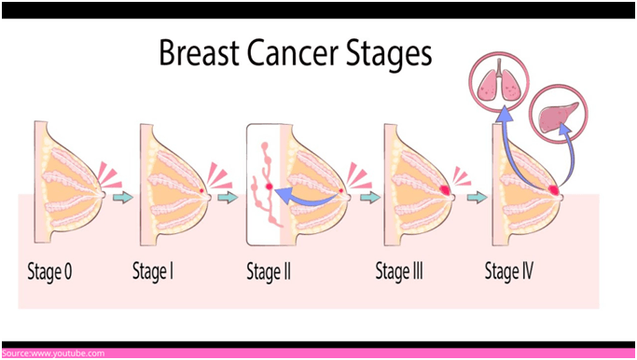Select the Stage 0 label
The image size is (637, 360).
click(49, 273)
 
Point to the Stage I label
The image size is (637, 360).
click(155, 273)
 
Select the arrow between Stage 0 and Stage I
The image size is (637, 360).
click(121, 197)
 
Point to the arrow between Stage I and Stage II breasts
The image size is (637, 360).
click(227, 197)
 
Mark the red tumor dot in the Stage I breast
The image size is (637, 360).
click(203, 190)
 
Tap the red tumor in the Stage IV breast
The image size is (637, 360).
click(556, 190)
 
